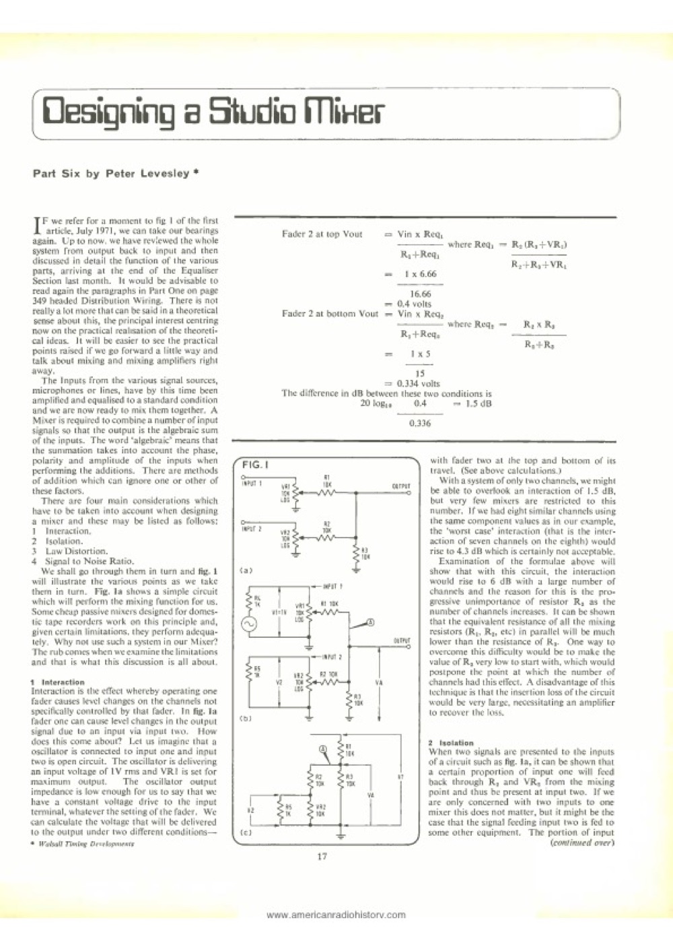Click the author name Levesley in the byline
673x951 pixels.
[x=162, y=173]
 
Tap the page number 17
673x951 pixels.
[x=322, y=856]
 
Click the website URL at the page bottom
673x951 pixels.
[x=336, y=914]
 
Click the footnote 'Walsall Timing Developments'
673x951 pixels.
[x=73, y=842]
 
